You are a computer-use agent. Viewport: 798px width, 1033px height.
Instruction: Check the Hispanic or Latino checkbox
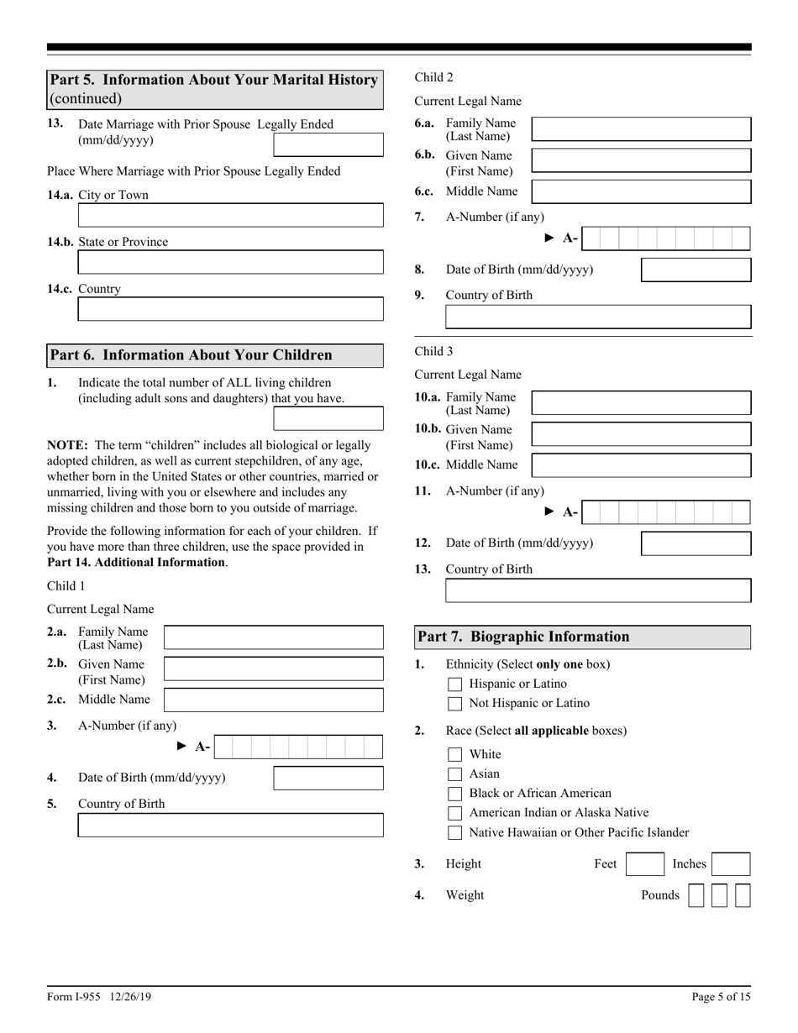pos(455,684)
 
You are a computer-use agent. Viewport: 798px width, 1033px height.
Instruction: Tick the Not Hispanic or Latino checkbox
pos(455,704)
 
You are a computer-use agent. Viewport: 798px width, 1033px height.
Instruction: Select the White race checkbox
pos(455,754)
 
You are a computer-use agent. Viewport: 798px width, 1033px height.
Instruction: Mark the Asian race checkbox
pos(455,774)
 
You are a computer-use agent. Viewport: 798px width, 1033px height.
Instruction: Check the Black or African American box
pos(455,794)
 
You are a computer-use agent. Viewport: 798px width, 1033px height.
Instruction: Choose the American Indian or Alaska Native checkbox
pos(455,813)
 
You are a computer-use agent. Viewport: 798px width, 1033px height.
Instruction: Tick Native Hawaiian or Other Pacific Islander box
pos(455,833)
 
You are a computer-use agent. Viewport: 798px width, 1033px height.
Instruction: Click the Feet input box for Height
pos(645,864)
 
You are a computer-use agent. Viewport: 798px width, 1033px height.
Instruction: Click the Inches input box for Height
pos(731,864)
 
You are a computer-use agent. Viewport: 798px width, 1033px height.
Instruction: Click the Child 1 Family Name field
pos(273,637)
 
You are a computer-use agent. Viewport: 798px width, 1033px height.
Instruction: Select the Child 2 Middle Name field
pos(642,191)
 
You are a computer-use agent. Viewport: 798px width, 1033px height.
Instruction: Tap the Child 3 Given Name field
pos(642,434)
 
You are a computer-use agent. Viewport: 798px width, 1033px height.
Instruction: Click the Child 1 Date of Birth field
pos(328,779)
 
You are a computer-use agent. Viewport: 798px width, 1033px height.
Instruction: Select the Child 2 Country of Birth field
pos(598,317)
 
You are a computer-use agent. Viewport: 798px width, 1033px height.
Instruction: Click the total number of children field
pos(328,418)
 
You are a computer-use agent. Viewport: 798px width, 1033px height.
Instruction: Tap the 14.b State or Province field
pos(230,262)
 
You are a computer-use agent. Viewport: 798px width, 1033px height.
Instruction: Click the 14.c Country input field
pos(230,309)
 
